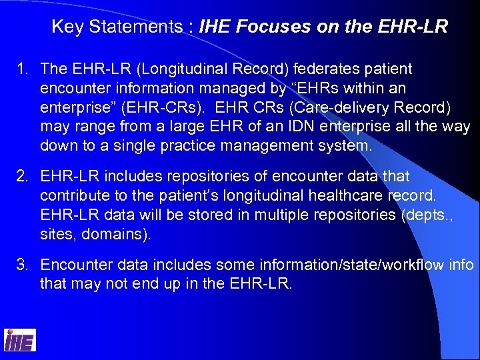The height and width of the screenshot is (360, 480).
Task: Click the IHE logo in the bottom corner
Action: [20, 340]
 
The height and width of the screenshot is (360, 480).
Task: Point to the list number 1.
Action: [23, 69]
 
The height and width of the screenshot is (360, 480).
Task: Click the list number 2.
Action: [23, 177]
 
